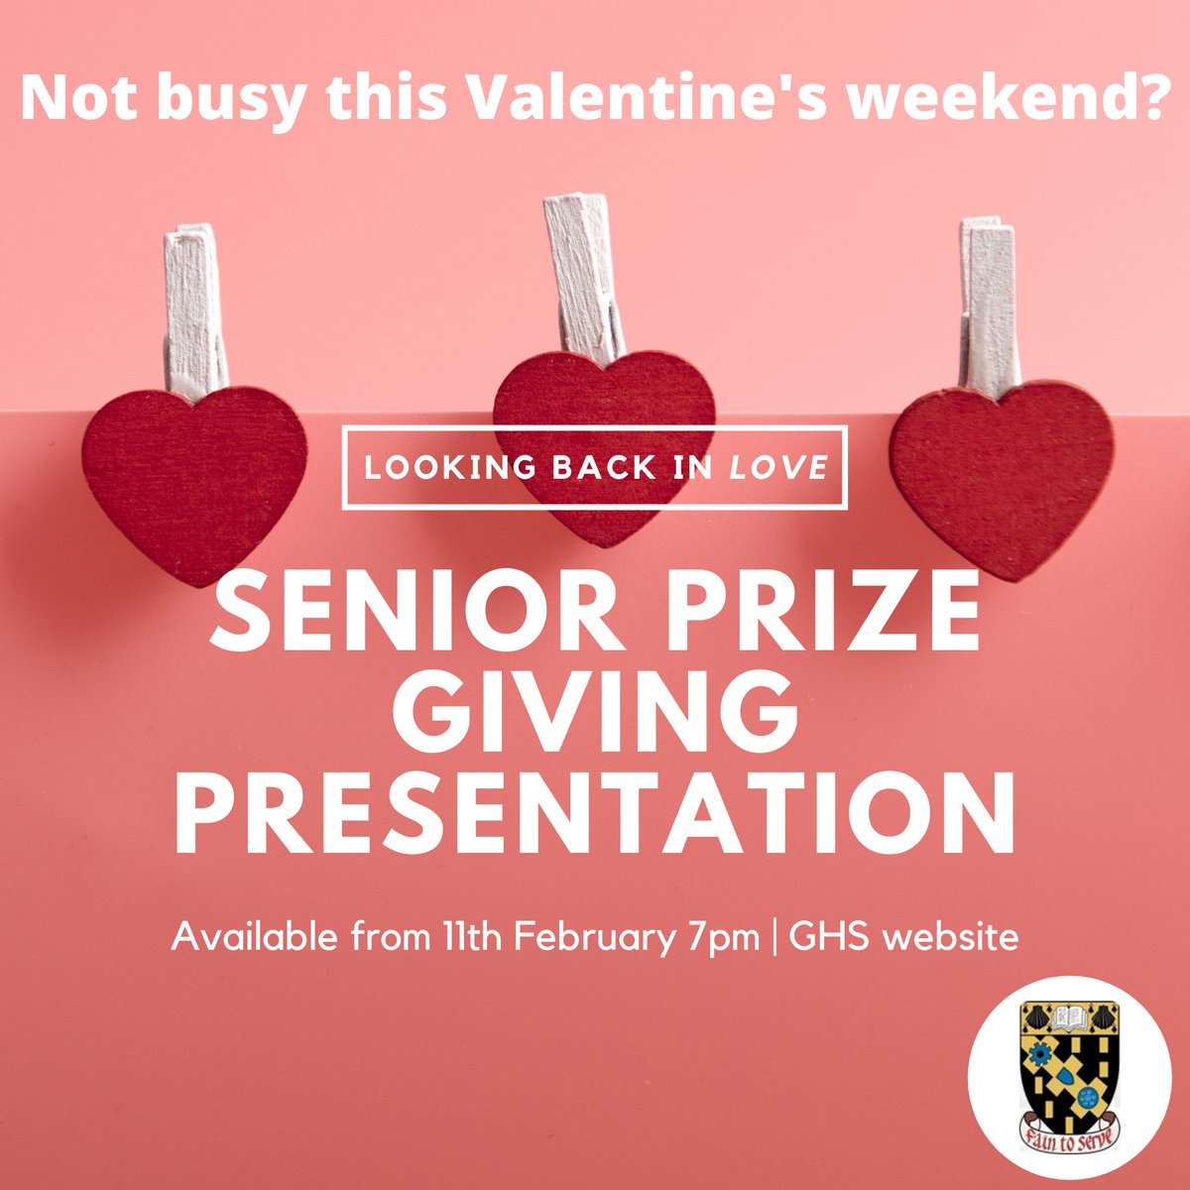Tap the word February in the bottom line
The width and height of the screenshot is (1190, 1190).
(x=588, y=937)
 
